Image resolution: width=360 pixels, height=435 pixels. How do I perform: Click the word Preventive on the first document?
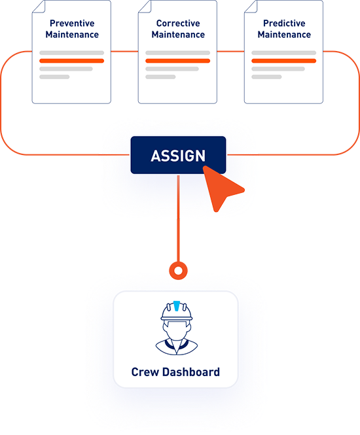click(72, 24)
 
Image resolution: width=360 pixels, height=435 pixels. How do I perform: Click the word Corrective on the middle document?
click(178, 24)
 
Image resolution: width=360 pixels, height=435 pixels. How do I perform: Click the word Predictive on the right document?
click(283, 24)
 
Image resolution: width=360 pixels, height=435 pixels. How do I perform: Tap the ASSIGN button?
click(178, 156)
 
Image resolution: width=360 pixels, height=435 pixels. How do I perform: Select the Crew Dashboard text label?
click(175, 373)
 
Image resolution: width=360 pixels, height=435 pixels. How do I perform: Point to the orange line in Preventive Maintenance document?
click(72, 61)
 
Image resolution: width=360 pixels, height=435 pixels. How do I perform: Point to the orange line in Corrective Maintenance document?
click(178, 61)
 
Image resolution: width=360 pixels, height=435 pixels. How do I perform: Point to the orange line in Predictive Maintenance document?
click(283, 61)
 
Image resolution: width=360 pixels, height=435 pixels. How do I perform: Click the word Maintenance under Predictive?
click(283, 35)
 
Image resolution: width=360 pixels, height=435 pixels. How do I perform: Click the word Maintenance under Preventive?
click(72, 35)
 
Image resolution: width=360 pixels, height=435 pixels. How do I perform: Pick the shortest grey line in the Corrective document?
click(160, 77)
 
